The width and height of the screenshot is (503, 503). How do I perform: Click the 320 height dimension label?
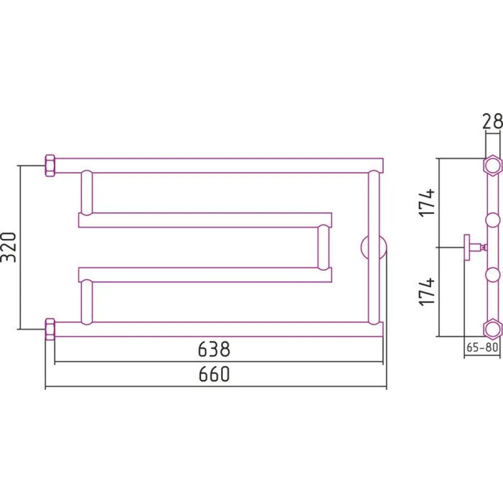tap(9, 247)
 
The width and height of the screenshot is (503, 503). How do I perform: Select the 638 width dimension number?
tap(214, 350)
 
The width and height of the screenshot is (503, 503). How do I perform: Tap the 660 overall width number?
tap(214, 374)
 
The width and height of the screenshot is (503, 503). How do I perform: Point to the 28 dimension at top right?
tap(493, 121)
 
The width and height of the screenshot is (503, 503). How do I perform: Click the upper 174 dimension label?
tap(428, 203)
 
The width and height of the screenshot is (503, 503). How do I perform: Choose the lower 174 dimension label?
tap(428, 291)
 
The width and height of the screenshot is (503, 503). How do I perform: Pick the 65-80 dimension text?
tap(482, 347)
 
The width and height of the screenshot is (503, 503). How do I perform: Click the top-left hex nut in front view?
tap(50, 165)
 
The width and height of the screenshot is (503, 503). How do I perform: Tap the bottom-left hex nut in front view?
tap(50, 329)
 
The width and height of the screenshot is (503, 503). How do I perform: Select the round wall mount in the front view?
tap(374, 247)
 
